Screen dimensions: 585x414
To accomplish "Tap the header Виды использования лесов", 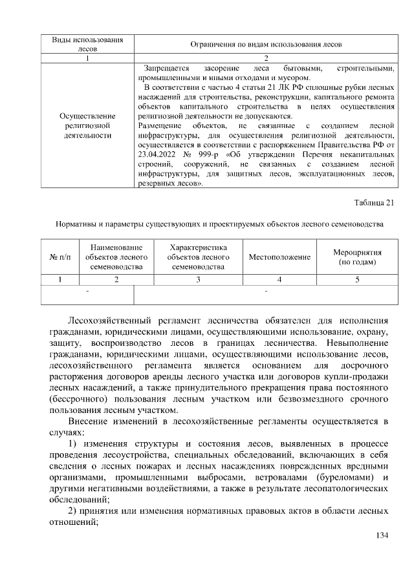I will [x=87, y=43].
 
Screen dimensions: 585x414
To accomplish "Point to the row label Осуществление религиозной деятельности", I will [x=87, y=126].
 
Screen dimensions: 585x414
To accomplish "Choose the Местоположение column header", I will [x=279, y=257].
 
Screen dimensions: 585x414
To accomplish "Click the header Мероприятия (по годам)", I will [x=357, y=257].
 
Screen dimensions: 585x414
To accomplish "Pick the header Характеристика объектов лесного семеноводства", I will [x=198, y=257].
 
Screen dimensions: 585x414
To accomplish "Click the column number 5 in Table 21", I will [x=357, y=279].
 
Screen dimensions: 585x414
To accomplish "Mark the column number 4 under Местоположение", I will [x=279, y=279].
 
